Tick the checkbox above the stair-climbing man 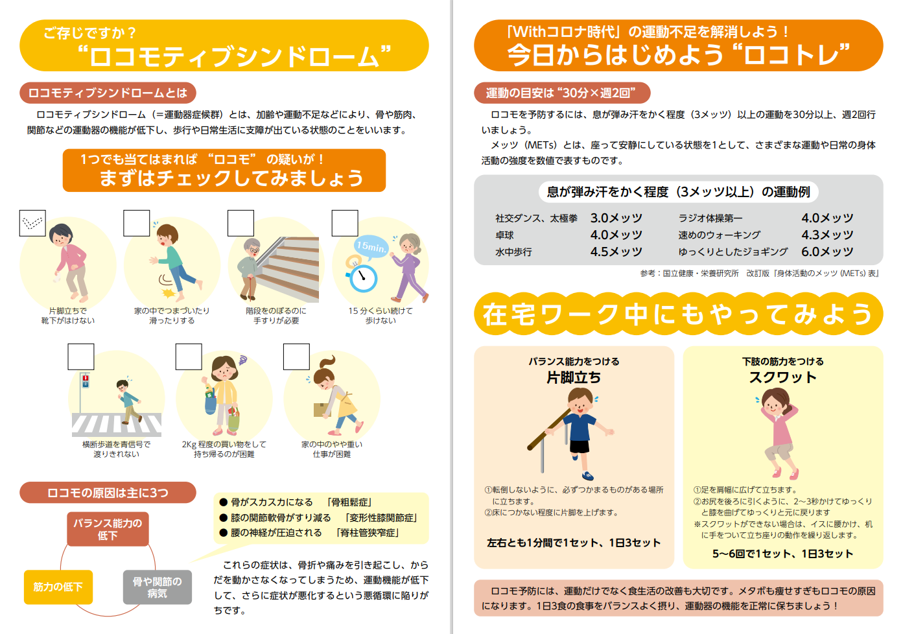coord(240,223)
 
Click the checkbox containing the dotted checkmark coord(32,223)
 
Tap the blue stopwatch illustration coord(363,277)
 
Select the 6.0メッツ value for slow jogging coord(827,252)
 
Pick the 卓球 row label coord(504,235)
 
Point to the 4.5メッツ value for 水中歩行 coord(616,252)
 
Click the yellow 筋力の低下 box coord(58,587)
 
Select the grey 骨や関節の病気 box coord(158,587)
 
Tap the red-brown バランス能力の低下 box coord(108,529)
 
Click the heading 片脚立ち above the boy coord(573,377)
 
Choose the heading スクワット coord(782,377)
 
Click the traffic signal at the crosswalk coord(85,381)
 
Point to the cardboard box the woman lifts coord(322,410)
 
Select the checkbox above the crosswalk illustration coord(80,357)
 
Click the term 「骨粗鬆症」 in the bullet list coord(349,502)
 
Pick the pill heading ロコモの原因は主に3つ coord(108,493)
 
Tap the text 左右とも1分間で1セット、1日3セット coord(573,543)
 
